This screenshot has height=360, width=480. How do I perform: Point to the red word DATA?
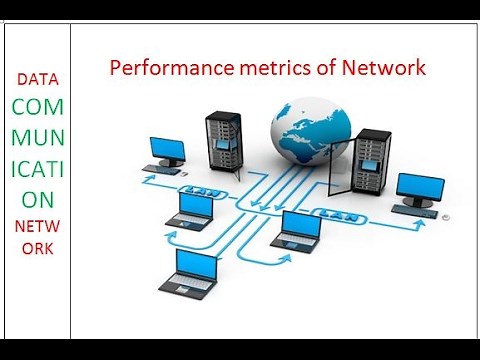[x=36, y=79]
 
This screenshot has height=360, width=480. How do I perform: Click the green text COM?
[x=36, y=104]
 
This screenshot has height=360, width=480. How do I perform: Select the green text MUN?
[x=36, y=131]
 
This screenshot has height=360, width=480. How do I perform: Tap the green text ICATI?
[x=36, y=158]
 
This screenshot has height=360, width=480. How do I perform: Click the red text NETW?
[x=36, y=226]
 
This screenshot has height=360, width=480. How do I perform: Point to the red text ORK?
[x=36, y=249]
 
